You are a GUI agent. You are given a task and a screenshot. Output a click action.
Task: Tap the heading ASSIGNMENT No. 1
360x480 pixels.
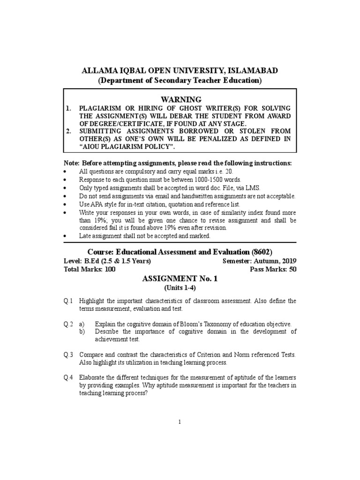point(180,278)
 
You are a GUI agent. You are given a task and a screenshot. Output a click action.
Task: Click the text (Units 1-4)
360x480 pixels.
point(180,287)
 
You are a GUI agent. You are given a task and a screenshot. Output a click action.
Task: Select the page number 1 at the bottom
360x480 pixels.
point(180,422)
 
